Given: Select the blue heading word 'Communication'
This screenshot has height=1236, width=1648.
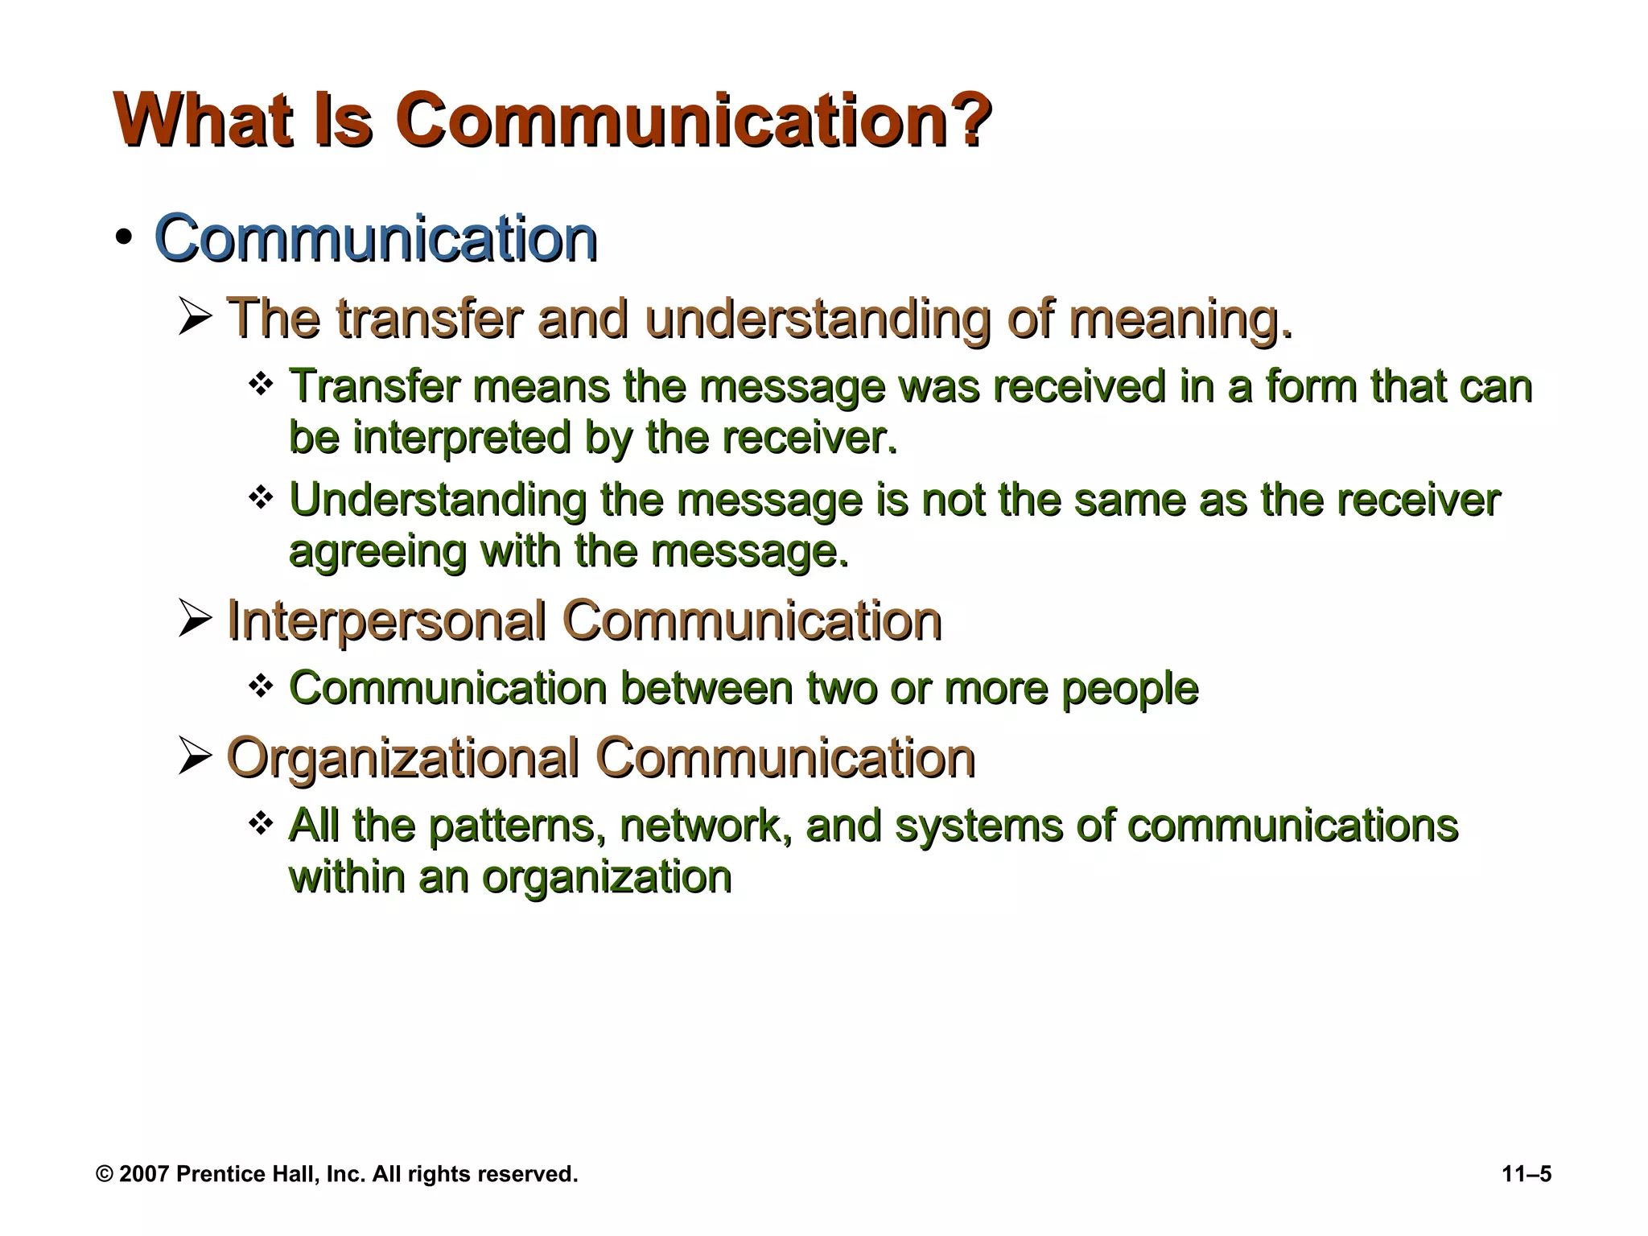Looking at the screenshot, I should [x=376, y=238].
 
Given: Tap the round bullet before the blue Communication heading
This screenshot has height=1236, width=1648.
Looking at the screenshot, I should [x=123, y=238].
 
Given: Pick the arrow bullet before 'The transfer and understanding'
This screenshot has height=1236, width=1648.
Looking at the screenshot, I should [x=195, y=317].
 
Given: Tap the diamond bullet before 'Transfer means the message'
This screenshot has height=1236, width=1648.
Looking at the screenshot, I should [x=261, y=383].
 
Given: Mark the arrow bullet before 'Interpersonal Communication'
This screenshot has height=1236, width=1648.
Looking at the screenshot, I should [x=195, y=620].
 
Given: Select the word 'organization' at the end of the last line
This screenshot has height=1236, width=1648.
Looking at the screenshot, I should [x=607, y=877].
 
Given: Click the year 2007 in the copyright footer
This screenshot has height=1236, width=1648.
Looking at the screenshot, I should [x=144, y=1174].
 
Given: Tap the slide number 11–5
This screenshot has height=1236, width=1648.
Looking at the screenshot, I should [x=1526, y=1174].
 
